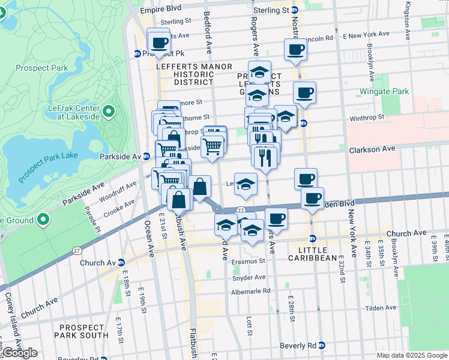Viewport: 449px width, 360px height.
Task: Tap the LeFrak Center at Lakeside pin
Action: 109,111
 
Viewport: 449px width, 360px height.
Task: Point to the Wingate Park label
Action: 384,92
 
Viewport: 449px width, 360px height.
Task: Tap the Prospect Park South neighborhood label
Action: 82,331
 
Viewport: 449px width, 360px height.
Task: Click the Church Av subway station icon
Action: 121,262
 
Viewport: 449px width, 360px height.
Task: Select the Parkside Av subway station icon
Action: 146,156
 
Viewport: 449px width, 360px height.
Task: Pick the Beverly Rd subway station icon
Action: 322,346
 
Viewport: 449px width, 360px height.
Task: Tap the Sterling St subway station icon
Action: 295,10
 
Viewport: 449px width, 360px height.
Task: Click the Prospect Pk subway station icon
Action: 137,53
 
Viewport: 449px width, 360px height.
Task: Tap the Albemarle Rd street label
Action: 251,292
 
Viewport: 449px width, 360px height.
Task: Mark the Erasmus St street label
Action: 249,261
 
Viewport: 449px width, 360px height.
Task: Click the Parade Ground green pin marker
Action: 43,220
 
